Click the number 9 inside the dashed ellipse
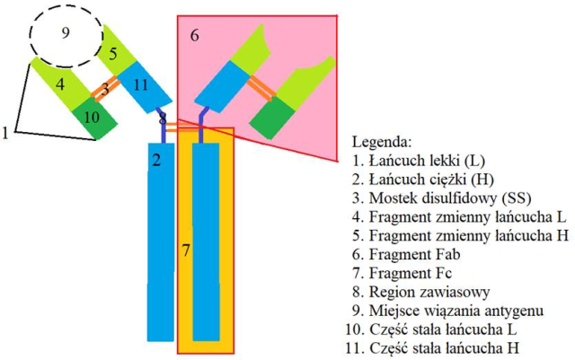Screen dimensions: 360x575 [x=65, y=33]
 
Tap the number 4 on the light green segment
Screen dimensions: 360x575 [x=60, y=85]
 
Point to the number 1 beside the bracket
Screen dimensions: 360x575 [x=6, y=132]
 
